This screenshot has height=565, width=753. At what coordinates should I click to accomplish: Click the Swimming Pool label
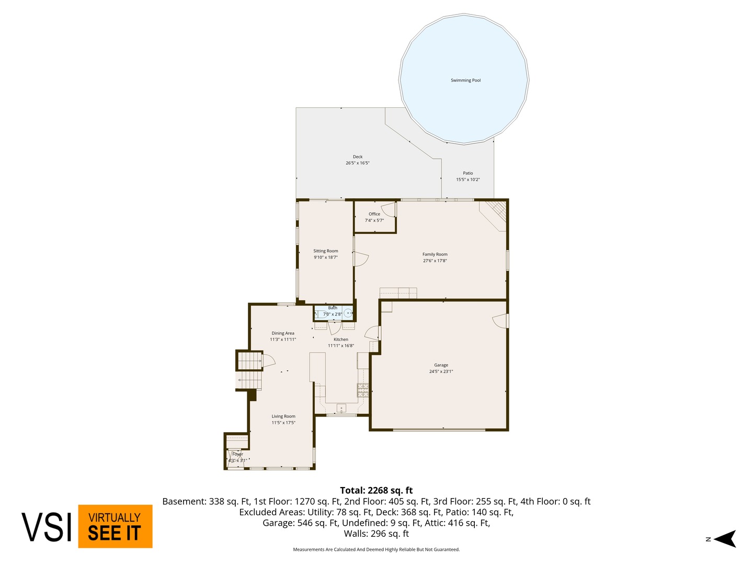pyautogui.click(x=465, y=81)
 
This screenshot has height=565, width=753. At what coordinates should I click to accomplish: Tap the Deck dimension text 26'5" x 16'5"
pyautogui.click(x=358, y=163)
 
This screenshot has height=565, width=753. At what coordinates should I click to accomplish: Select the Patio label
pyautogui.click(x=467, y=173)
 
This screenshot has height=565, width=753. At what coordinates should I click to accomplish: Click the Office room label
pyautogui.click(x=374, y=214)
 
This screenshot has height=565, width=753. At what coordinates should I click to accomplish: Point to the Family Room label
pyautogui.click(x=435, y=254)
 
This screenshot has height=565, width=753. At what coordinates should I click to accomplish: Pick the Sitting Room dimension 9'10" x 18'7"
pyautogui.click(x=326, y=257)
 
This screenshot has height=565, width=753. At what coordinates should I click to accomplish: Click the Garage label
pyautogui.click(x=441, y=365)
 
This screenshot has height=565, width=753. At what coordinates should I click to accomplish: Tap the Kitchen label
pyautogui.click(x=341, y=340)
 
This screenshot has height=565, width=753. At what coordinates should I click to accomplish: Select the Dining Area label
pyautogui.click(x=283, y=333)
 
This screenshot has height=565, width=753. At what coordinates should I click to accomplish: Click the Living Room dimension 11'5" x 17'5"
pyautogui.click(x=283, y=423)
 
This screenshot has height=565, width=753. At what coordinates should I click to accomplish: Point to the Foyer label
pyautogui.click(x=238, y=454)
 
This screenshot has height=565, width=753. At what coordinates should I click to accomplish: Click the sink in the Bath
pyautogui.click(x=348, y=313)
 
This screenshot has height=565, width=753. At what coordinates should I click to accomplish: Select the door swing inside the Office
pyautogui.click(x=389, y=210)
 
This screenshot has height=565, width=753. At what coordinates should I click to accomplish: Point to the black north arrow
pyautogui.click(x=724, y=539)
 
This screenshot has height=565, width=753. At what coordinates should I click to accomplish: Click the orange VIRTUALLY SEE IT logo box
pyautogui.click(x=115, y=526)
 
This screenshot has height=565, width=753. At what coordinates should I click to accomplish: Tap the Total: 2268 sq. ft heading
pyautogui.click(x=376, y=490)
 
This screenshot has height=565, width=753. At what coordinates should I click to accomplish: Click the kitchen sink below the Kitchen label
pyautogui.click(x=341, y=408)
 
